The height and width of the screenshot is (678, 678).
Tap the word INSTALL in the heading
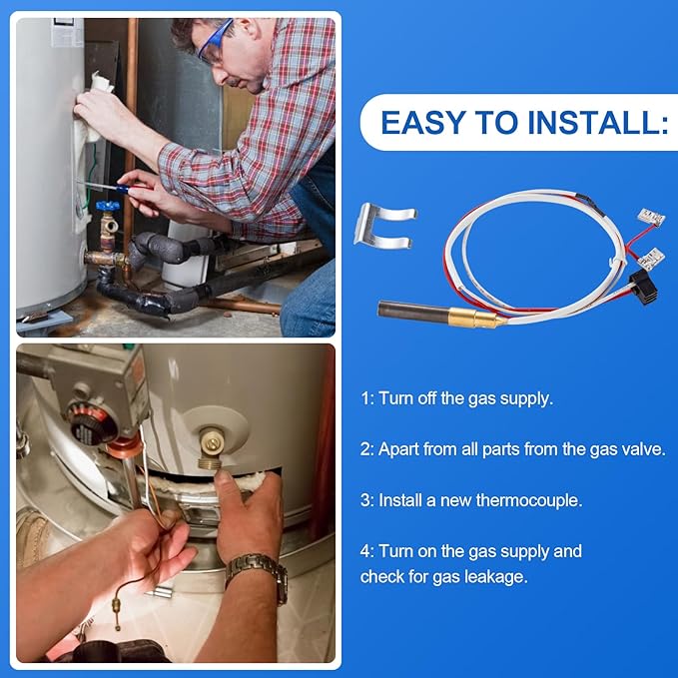594,123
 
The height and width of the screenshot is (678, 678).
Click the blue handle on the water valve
107,206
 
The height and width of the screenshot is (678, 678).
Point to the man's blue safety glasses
215,40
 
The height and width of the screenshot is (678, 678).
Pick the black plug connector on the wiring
644,286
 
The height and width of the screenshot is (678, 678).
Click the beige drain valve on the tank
212,448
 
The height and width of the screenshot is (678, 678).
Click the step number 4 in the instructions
365,552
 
